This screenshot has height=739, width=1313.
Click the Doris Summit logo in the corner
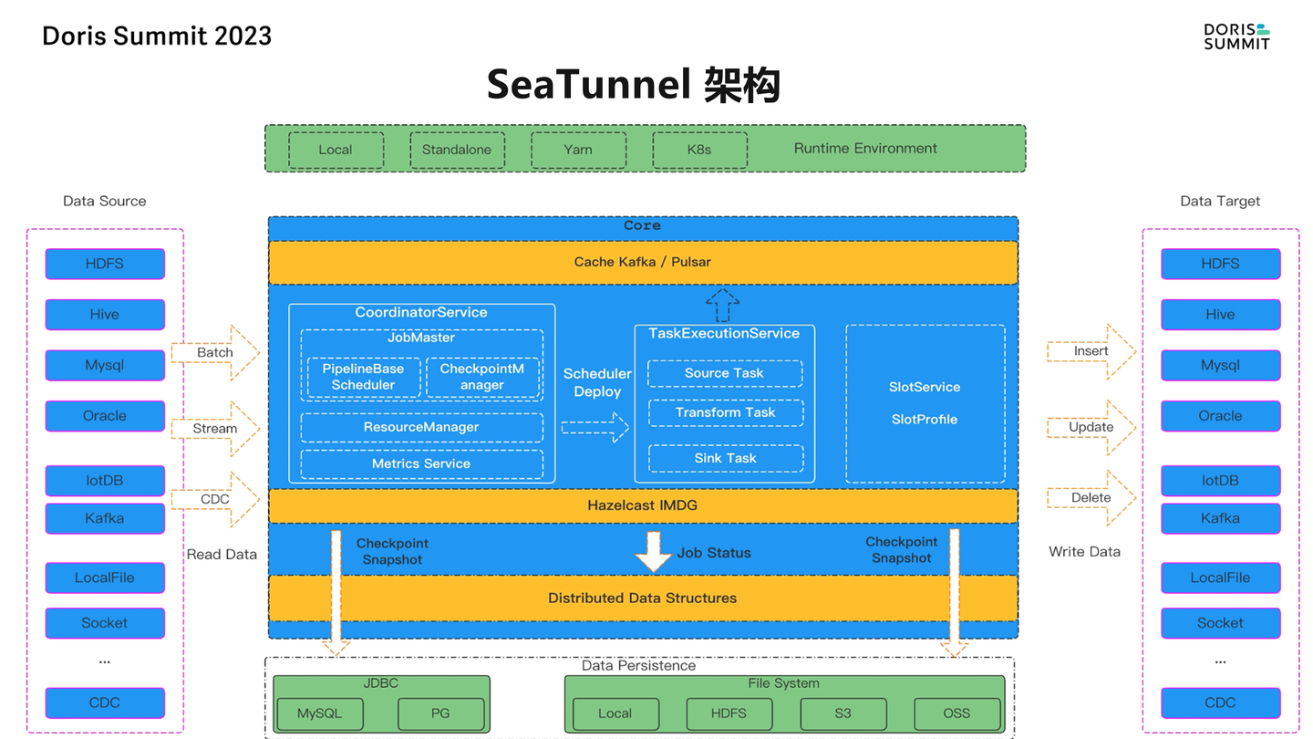[x=1236, y=36]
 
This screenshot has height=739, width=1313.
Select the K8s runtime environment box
[x=699, y=150]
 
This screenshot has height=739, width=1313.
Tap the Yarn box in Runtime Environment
[x=578, y=150]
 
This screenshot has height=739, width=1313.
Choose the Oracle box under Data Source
[x=105, y=416]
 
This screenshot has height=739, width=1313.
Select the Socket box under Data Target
[x=1220, y=623]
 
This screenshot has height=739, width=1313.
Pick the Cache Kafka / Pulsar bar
[x=642, y=263]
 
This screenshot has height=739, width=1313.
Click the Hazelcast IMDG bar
[x=642, y=505]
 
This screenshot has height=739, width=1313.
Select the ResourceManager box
[x=421, y=427]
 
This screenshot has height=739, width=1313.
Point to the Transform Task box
[x=725, y=412]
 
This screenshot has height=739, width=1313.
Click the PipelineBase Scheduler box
[x=363, y=377]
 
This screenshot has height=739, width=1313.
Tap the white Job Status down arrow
[x=653, y=551]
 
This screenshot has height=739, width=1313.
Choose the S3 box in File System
[x=843, y=713]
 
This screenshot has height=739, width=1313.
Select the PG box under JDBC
[x=440, y=713]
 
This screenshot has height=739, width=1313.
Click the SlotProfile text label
[x=924, y=420]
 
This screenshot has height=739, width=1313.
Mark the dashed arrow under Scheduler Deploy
[x=595, y=427]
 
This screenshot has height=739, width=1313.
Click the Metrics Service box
[x=421, y=463]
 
